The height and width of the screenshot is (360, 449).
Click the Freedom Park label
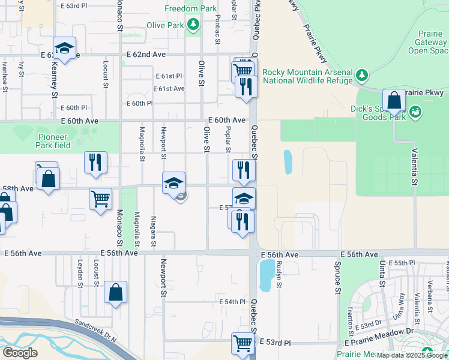(x=190, y=9)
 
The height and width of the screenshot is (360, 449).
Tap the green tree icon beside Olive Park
(x=193, y=25)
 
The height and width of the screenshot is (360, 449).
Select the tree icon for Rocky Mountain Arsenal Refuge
(x=361, y=75)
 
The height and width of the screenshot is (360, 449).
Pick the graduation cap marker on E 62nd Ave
(x=64, y=49)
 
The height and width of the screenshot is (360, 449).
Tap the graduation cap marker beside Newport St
(x=173, y=183)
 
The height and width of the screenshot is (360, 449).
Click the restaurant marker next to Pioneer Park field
(x=95, y=163)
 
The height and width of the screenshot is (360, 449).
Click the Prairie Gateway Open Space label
(x=426, y=43)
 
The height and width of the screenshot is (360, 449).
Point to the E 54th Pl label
(x=233, y=301)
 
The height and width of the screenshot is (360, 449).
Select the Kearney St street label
(x=54, y=78)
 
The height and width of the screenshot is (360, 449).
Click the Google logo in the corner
(x=20, y=352)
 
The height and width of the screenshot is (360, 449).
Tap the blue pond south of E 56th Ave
(x=265, y=275)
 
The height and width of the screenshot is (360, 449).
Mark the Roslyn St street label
(x=280, y=278)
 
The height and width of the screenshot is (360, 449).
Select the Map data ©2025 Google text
(x=412, y=355)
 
